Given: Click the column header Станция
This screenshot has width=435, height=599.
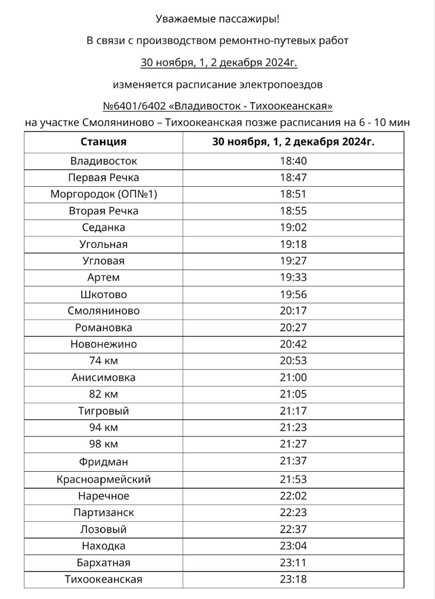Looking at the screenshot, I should coord(103,141).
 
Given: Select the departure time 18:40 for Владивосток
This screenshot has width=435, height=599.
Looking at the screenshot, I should coord(293,161).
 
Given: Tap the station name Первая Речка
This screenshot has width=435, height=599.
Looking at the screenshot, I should coord(103,177).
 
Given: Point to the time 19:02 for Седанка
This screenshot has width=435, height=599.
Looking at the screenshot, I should coord(293,228).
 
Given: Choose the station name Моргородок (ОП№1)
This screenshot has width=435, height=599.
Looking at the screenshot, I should coord(103,194).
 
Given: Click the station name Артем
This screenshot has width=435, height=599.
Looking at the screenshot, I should coord(103,278).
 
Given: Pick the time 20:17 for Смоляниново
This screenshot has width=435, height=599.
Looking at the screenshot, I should coord(293,311).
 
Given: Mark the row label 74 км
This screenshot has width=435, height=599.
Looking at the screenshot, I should coord(103,361).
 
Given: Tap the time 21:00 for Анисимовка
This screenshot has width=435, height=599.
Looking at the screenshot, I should coord(293,377).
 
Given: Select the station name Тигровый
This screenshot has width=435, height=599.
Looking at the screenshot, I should coord(103,411).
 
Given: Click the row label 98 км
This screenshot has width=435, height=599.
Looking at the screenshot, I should coord(103,444).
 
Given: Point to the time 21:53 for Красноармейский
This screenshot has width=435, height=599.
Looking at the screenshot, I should coord(293,480).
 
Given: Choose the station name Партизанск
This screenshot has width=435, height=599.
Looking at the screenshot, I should coord(103,513).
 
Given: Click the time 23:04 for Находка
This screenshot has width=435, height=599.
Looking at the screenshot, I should coord(293,546).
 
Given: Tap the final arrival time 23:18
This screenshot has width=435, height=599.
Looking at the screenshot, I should coord(293,580).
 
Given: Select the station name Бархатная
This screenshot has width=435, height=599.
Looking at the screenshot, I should coord(103,563).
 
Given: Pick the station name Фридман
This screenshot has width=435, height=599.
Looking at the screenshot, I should coord(103,461).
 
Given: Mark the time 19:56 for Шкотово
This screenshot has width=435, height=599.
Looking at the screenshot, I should coord(293,295).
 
